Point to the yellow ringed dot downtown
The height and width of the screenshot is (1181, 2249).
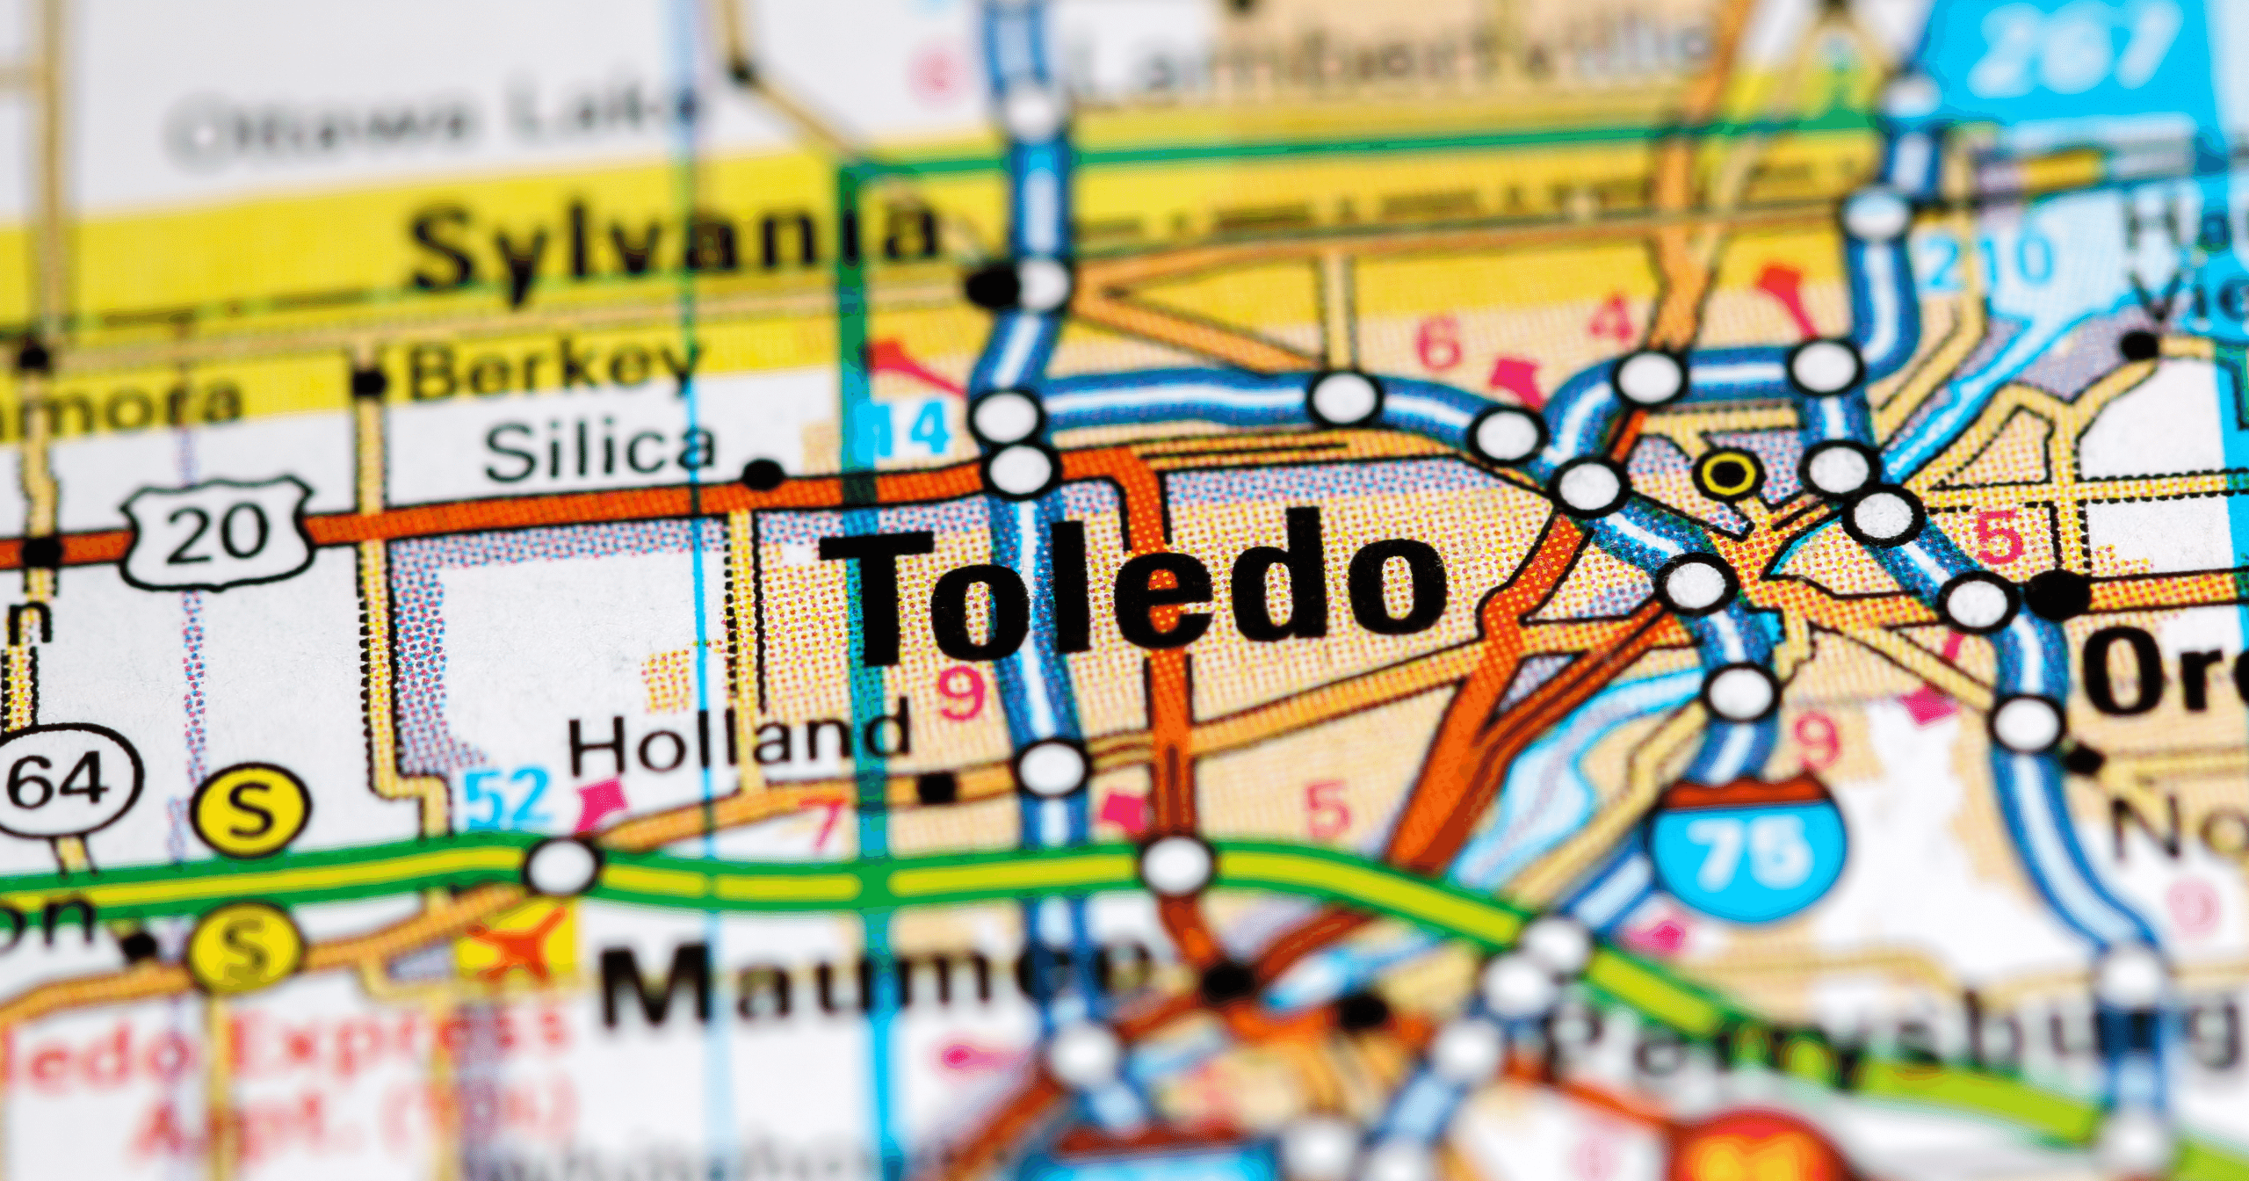pyautogui.click(x=1728, y=475)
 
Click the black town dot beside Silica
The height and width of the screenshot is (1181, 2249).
pyautogui.click(x=762, y=475)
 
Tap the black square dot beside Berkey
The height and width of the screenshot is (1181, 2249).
pyautogui.click(x=369, y=382)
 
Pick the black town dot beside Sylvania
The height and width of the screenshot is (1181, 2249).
pyautogui.click(x=989, y=285)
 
